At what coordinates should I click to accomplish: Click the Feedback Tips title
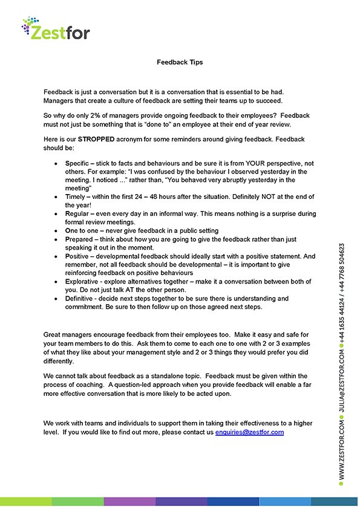(x=180, y=62)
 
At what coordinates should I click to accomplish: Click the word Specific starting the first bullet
(x=78, y=164)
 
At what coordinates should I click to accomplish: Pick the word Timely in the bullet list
(x=76, y=197)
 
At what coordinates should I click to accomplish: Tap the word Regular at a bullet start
(x=77, y=214)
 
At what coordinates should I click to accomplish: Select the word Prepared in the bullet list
(x=79, y=239)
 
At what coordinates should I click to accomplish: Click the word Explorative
(x=82, y=282)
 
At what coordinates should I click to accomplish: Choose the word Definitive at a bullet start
(x=80, y=299)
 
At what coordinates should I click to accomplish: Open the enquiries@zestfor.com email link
(x=249, y=432)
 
